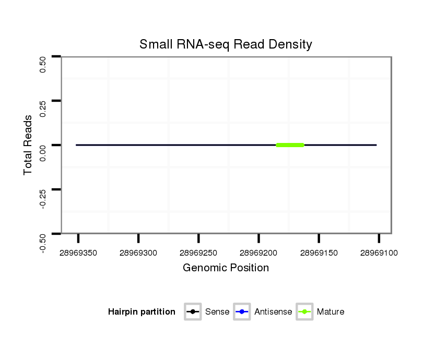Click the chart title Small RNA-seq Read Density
pos(226,44)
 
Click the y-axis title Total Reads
pos(29,145)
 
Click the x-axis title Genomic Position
pos(226,268)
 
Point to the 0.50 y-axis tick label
pos(43,65)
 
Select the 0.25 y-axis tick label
pos(43,109)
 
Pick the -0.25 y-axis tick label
pos(43,197)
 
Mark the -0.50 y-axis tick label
pos(43,242)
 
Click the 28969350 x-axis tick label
pos(78,253)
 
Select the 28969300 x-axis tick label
pos(138,253)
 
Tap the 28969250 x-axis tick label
pos(198,253)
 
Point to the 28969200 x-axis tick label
pos(258,253)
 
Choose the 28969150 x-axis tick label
pos(319,253)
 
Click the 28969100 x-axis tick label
pos(379,253)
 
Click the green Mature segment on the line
pos(290,145)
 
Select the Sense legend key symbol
pos(193,312)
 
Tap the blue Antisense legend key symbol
pos(242,312)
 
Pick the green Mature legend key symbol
pos(304,312)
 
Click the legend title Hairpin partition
pos(142,312)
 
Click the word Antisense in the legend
pos(273,312)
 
